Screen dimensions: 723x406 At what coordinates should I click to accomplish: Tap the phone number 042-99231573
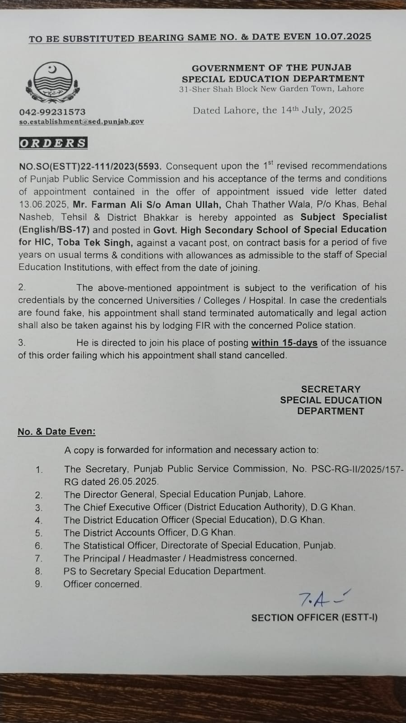pos(52,112)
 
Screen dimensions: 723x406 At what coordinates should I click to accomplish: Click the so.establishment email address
pos(81,122)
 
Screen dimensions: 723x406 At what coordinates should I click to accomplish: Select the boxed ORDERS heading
pos(53,143)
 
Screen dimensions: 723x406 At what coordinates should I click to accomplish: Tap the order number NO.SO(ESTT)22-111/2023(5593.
pos(90,166)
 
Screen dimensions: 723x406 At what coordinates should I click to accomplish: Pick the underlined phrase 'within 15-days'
pos(284,343)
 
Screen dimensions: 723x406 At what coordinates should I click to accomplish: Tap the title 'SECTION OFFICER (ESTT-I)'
pos(314,618)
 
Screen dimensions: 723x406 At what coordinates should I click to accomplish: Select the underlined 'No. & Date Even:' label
pos(56,431)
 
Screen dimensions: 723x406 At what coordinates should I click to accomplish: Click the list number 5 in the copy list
pos(39,533)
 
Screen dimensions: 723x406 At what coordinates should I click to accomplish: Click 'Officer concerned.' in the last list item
pos(103,584)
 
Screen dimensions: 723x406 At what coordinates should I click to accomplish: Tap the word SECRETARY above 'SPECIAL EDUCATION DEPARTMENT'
pos(331,389)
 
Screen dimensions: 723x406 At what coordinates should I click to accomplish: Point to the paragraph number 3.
pos(22,343)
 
